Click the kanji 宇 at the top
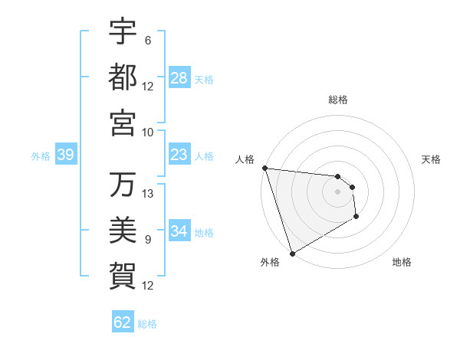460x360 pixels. pos(123,33)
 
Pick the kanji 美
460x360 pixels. pos(123,229)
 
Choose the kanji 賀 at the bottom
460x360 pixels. pos(123,274)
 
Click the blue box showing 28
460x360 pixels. pos(179,77)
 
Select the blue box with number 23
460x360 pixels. pos(179,155)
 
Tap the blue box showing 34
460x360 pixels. pos(179,231)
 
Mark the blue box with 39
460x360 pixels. pos(65,155)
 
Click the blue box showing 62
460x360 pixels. pos(123,322)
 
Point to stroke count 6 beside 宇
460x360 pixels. pos(148,41)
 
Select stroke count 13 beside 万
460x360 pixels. pos(148,193)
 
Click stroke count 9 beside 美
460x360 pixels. pos(148,239)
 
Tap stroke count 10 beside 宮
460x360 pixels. pos(148,131)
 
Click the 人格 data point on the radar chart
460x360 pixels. pos(264,168)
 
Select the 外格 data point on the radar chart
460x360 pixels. pos(292,254)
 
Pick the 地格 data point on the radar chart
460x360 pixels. pos(357,217)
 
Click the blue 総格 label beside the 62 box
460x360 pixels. pos(147,323)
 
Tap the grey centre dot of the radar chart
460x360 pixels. pos(337,191)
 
